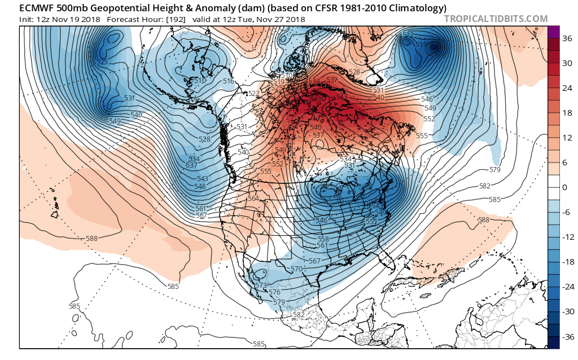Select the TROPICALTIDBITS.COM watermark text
(x=496, y=19)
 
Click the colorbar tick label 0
(x=564, y=187)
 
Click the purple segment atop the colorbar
(x=553, y=32)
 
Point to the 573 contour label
(x=261, y=286)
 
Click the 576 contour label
(x=275, y=292)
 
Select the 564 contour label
(x=253, y=199)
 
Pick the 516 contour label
(x=228, y=82)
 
